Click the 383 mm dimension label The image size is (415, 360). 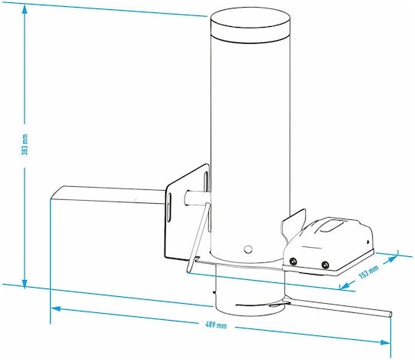[25, 145]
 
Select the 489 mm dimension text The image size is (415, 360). [216, 325]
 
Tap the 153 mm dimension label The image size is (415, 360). [369, 272]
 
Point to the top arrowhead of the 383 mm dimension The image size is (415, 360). [25, 9]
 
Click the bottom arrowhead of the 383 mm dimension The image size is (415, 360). [25, 284]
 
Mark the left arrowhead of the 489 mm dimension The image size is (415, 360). [55, 309]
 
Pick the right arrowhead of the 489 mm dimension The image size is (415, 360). [385, 342]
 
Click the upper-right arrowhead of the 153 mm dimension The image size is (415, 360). [393, 258]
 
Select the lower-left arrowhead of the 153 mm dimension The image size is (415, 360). [345, 285]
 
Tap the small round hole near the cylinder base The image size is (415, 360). [248, 249]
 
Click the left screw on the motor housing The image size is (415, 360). [293, 262]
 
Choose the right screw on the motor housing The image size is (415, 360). [325, 265]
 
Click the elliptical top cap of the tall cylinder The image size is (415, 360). [251, 18]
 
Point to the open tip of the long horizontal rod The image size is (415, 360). [390, 314]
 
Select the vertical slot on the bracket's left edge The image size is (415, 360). [168, 208]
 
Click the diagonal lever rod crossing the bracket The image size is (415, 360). [198, 238]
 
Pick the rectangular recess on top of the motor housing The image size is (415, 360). [331, 225]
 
